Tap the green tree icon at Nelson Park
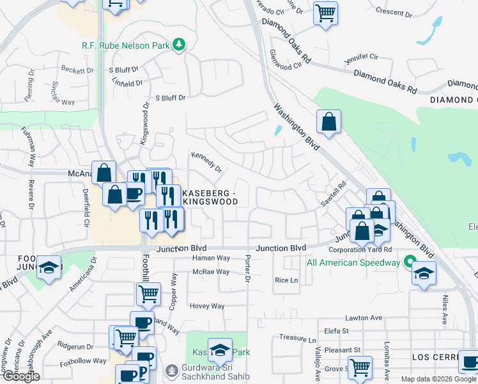(x=181, y=44)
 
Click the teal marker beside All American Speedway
(x=407, y=262)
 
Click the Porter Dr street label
(x=247, y=268)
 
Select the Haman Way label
(x=211, y=258)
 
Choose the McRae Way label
(x=211, y=271)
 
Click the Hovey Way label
(x=207, y=306)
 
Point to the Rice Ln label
(x=286, y=280)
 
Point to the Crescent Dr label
(x=394, y=12)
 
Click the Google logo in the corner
(x=21, y=377)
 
